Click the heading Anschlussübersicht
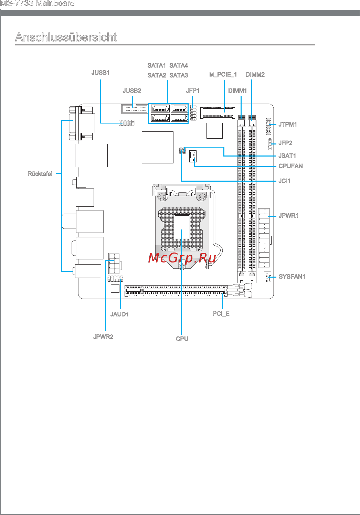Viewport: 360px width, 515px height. [x=66, y=37]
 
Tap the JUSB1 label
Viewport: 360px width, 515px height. [x=100, y=73]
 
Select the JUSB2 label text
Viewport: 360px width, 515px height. [x=132, y=90]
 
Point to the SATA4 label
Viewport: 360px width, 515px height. [x=179, y=65]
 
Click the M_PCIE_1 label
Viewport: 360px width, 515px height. [x=223, y=75]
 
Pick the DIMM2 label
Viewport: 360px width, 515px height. [x=255, y=75]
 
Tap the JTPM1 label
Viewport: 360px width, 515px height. [x=287, y=125]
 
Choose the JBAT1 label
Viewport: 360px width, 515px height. [x=287, y=155]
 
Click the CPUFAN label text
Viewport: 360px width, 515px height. [x=290, y=166]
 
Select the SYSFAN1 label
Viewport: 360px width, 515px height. [x=292, y=276]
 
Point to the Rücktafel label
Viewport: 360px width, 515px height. [x=40, y=174]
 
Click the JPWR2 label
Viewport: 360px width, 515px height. [x=103, y=336]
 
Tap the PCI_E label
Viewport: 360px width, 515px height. [x=221, y=314]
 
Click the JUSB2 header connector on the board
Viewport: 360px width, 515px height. [x=135, y=109]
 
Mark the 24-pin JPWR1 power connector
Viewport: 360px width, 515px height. [x=264, y=238]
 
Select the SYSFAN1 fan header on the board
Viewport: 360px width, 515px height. [x=267, y=277]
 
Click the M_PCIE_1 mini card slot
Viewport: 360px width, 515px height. [x=218, y=112]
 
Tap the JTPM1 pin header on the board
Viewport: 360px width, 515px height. [x=268, y=126]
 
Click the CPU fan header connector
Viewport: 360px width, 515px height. [x=193, y=156]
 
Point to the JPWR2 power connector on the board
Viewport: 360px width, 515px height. [x=114, y=263]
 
